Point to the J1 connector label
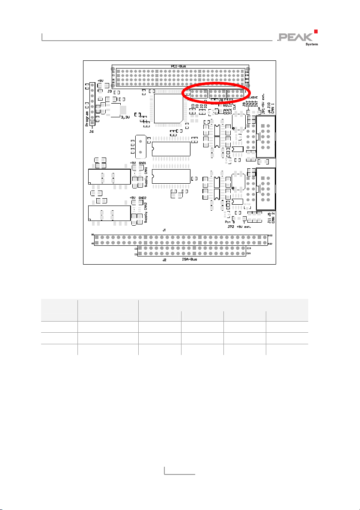(164, 230)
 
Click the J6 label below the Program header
(91, 131)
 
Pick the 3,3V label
(125, 116)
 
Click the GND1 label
(142, 163)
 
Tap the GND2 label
(142, 198)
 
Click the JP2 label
(231, 227)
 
